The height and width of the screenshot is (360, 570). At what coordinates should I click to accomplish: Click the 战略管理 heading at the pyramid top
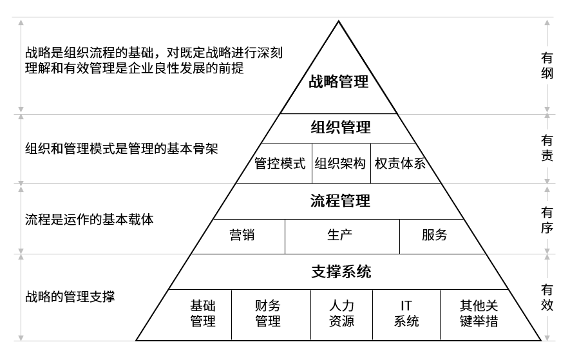click(339, 82)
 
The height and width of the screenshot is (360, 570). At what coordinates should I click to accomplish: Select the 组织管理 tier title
click(341, 128)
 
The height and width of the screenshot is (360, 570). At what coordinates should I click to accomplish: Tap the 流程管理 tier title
click(341, 201)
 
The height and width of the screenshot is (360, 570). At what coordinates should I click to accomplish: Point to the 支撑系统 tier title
click(341, 271)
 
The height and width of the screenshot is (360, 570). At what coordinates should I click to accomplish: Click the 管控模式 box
click(280, 163)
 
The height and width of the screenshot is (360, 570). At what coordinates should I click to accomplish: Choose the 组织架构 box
click(341, 163)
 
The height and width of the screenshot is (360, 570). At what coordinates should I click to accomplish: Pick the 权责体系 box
click(400, 163)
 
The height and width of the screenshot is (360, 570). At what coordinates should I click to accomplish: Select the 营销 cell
click(242, 235)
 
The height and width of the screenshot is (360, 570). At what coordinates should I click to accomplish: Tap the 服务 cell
click(435, 235)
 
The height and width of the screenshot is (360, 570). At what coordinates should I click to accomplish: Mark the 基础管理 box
click(203, 313)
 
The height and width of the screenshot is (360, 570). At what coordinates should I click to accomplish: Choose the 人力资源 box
click(341, 313)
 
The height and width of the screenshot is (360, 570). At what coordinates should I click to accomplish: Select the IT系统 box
click(406, 313)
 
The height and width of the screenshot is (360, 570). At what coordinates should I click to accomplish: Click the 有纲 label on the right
click(547, 66)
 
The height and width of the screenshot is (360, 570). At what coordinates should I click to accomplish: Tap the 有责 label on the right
click(547, 148)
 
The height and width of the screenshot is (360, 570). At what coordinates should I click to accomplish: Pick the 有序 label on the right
click(547, 219)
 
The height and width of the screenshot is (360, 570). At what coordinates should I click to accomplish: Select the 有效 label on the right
click(547, 297)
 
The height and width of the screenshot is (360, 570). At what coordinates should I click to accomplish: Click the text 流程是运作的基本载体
click(90, 219)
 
